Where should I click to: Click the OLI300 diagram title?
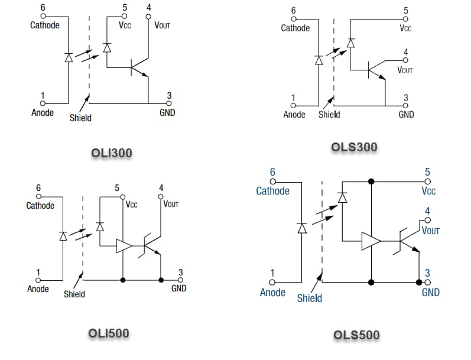111,153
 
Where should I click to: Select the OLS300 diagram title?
354,147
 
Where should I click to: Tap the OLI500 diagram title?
108,333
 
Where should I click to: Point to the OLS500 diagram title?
356,335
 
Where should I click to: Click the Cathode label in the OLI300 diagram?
45,25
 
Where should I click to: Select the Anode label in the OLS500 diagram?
272,292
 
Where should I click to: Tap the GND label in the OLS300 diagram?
406,115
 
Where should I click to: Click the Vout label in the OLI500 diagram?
171,205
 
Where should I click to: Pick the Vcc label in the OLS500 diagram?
428,191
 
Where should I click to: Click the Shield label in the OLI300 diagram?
80,118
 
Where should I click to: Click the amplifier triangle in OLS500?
371,241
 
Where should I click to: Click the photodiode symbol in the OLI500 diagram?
100,226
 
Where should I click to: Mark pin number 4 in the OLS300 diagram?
405,53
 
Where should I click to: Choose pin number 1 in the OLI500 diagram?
38,273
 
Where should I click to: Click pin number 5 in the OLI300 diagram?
125,8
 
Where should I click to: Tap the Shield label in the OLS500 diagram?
309,298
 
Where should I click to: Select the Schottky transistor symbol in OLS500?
408,241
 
